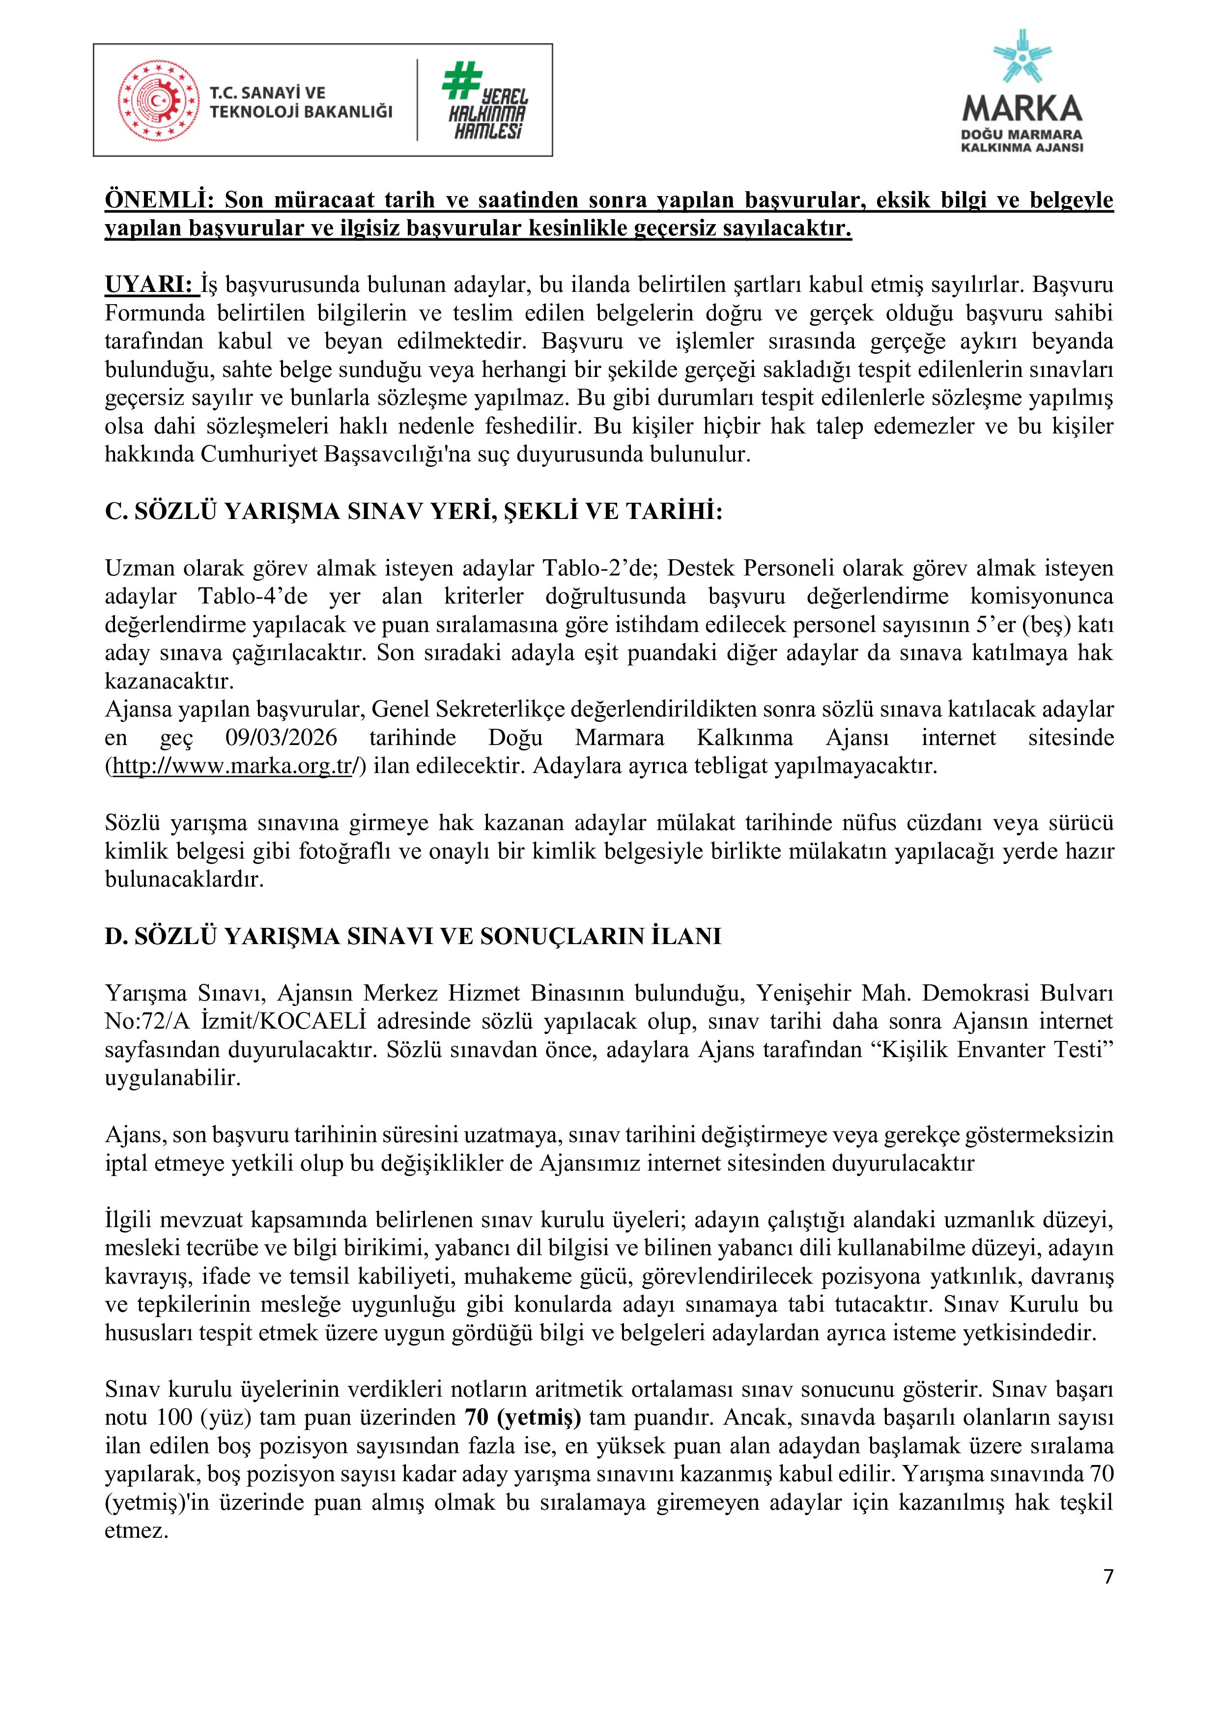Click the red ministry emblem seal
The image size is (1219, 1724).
pyautogui.click(x=158, y=101)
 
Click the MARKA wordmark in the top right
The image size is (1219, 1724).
pyautogui.click(x=1022, y=110)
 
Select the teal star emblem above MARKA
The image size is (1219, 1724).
pyautogui.click(x=1022, y=57)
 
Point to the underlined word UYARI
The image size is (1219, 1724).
pyautogui.click(x=148, y=286)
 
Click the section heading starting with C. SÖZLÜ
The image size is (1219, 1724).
pyautogui.click(x=414, y=512)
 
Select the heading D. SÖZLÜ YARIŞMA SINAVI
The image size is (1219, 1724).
pyautogui.click(x=413, y=936)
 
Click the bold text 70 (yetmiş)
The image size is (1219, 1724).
pyautogui.click(x=522, y=1418)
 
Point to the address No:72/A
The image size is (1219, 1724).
pyautogui.click(x=140, y=1021)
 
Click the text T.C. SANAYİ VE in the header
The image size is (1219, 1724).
pyautogui.click(x=267, y=93)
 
